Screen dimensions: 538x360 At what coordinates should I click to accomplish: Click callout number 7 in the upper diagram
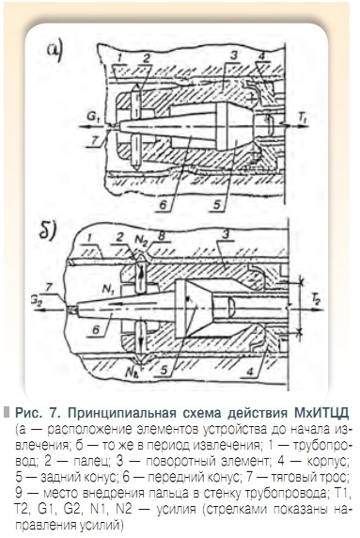click(89, 141)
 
